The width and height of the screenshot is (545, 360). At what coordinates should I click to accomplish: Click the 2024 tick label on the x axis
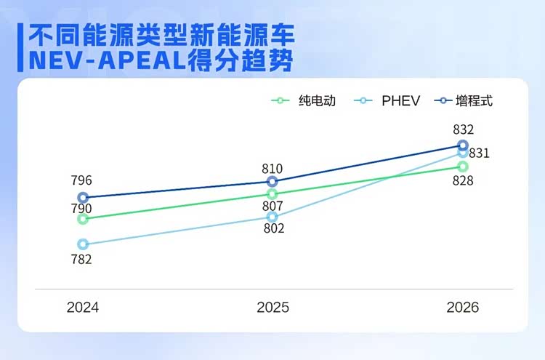pyautogui.click(x=82, y=308)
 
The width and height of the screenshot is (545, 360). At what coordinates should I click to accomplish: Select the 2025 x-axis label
pyautogui.click(x=272, y=308)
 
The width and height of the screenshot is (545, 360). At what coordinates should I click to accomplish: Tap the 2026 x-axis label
pyautogui.click(x=463, y=308)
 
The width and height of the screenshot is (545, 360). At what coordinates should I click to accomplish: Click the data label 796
pyautogui.click(x=81, y=180)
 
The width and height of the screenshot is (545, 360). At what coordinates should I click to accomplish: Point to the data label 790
pyautogui.click(x=81, y=209)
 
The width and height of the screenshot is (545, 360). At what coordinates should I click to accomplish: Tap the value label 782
pyautogui.click(x=81, y=259)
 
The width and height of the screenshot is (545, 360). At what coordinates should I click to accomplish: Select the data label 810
pyautogui.click(x=272, y=168)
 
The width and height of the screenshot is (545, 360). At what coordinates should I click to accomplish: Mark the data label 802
pyautogui.click(x=274, y=228)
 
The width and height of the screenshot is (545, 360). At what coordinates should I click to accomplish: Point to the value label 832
pyautogui.click(x=463, y=129)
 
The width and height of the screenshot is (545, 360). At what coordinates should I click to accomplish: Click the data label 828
pyautogui.click(x=463, y=180)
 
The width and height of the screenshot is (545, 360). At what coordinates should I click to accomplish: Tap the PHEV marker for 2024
pyautogui.click(x=83, y=244)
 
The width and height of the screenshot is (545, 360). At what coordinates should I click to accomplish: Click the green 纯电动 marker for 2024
pyautogui.click(x=83, y=219)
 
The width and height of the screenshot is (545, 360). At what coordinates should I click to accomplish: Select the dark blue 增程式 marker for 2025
pyautogui.click(x=272, y=182)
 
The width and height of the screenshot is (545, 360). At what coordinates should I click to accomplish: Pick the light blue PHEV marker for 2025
pyautogui.click(x=272, y=217)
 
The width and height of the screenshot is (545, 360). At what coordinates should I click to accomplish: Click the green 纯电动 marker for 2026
pyautogui.click(x=463, y=167)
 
